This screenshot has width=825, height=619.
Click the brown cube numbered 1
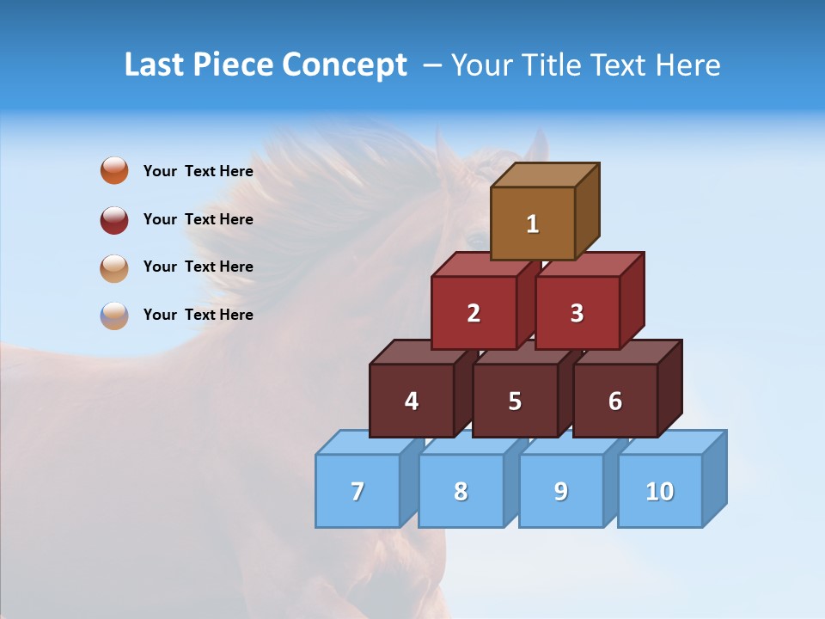tap(533, 224)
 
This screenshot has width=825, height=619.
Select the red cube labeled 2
tap(474, 313)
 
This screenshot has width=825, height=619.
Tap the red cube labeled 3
tap(577, 313)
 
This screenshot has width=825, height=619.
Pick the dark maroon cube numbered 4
tap(412, 401)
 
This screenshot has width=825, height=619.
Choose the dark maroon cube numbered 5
tap(515, 401)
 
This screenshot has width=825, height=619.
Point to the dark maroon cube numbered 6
tap(615, 401)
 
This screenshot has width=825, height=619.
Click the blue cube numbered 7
tap(357, 491)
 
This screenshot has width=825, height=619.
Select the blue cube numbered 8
tap(461, 491)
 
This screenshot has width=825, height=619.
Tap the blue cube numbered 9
tap(560, 491)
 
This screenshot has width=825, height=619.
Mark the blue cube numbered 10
tap(659, 491)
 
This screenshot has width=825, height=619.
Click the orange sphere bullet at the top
tap(114, 170)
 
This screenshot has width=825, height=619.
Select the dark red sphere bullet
tap(114, 219)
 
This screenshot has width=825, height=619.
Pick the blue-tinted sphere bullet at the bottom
tap(114, 315)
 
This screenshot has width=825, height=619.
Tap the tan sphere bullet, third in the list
tap(114, 267)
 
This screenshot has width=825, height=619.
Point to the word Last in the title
tap(156, 65)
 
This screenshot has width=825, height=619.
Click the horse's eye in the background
tap(475, 236)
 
